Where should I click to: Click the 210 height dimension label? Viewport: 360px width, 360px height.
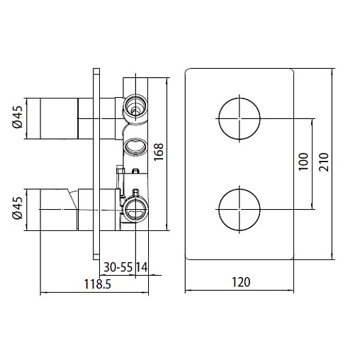coord(324,162)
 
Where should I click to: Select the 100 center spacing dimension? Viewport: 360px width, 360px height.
coord(304,162)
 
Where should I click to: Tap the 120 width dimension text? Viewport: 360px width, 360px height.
coord(241,282)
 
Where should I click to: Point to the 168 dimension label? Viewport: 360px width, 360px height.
coord(159,152)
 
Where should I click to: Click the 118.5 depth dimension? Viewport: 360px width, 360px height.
coord(98,284)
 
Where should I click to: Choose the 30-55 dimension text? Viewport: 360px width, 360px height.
coord(118,267)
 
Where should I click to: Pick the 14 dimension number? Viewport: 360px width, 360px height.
coord(142,267)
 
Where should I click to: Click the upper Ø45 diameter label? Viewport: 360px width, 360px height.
coord(18,117)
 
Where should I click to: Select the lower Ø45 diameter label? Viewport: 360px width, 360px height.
coord(18,208)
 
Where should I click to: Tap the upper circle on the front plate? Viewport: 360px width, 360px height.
coord(240,98)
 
